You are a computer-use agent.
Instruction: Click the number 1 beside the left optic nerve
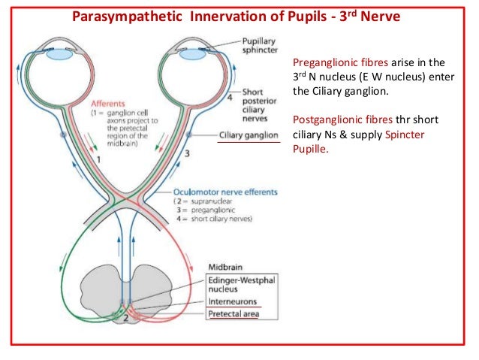(99, 161)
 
